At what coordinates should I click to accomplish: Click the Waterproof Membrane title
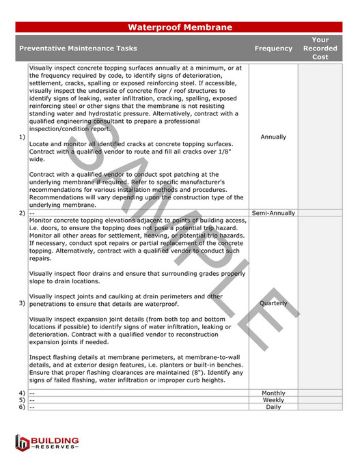(x=180, y=27)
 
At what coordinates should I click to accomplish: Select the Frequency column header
(x=273, y=48)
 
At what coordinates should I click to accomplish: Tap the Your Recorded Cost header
(x=320, y=48)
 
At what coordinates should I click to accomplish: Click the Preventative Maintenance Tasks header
(x=78, y=48)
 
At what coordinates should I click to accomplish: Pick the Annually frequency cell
(x=273, y=137)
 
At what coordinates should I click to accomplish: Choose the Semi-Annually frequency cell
(x=273, y=213)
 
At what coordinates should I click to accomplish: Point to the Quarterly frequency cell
(x=273, y=303)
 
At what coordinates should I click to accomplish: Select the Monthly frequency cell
(x=273, y=393)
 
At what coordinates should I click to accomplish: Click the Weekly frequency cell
(x=273, y=400)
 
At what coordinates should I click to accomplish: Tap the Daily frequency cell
(x=273, y=407)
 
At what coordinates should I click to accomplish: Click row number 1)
(x=22, y=137)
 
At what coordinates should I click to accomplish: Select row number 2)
(x=22, y=213)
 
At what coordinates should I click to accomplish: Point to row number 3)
(x=22, y=303)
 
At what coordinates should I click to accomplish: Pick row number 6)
(x=22, y=407)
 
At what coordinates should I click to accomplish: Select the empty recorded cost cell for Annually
(x=320, y=137)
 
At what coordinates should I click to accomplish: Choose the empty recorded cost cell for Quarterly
(x=320, y=303)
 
